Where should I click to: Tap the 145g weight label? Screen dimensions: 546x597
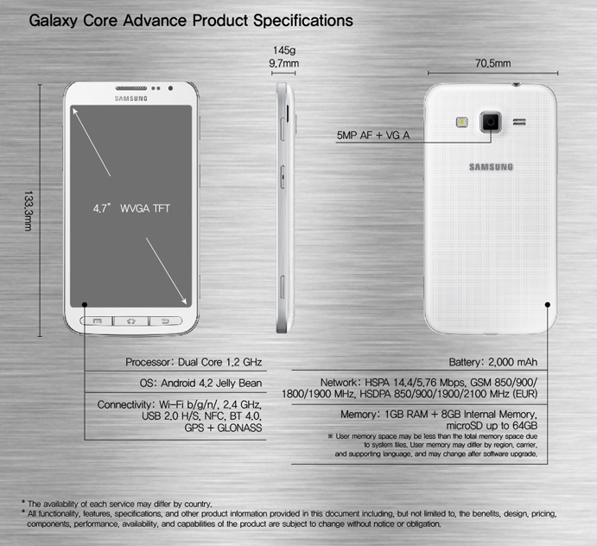tap(283, 51)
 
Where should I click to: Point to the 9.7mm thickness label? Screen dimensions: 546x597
tap(283, 64)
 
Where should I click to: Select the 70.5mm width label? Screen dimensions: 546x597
tap(492, 64)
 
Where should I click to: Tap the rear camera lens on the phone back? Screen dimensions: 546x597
tap(491, 122)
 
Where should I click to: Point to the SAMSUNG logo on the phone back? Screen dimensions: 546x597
tap(491, 167)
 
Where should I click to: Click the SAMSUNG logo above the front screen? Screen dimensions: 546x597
tap(131, 99)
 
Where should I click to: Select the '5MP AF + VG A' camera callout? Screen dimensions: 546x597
tap(373, 136)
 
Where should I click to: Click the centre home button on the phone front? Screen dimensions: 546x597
tap(131, 321)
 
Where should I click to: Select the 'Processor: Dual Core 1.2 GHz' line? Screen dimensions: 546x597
tap(194, 362)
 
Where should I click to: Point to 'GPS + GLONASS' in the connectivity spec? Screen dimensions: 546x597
tap(223, 429)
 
